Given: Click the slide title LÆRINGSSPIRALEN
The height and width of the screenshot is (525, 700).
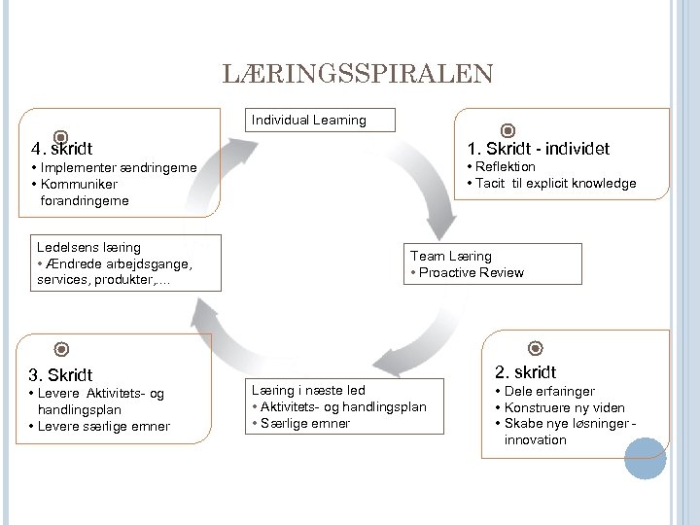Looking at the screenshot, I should tap(358, 74).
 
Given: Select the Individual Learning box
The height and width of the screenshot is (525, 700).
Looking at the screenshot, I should tap(309, 121).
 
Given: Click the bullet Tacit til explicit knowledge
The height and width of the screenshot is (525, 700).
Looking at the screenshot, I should tap(555, 184).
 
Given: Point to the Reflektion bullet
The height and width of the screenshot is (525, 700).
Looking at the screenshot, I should tap(505, 167).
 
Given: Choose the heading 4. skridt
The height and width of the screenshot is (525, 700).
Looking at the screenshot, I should tap(61, 150).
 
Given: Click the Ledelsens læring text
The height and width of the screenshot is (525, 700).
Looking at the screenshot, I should tap(88, 248).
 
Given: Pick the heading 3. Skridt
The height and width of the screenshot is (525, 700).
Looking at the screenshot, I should tap(60, 374).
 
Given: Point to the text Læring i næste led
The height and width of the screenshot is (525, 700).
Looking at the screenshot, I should tap(308, 390).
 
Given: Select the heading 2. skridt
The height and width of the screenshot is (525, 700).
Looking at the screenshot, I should tap(525, 371).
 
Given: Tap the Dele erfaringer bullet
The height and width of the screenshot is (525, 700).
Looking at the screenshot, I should tap(549, 391).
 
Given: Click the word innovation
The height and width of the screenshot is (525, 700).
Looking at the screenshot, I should tap(535, 439).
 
